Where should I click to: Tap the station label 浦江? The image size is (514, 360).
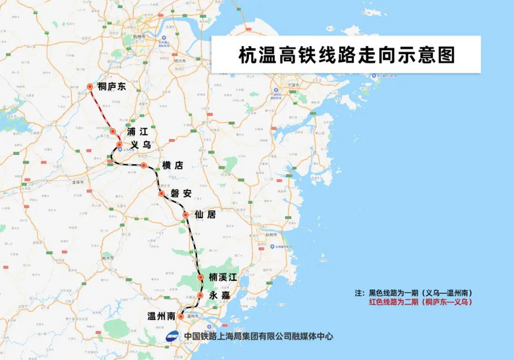(x=136, y=132)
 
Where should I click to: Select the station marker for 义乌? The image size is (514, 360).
(x=119, y=144)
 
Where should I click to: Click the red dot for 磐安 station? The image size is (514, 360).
(x=161, y=194)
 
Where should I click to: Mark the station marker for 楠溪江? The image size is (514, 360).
(x=201, y=278)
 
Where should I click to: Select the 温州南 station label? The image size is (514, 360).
(x=161, y=316)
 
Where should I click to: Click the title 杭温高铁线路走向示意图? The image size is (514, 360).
(x=347, y=55)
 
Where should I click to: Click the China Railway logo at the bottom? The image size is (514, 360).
(x=171, y=336)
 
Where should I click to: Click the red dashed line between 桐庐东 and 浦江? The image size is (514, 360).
(x=101, y=109)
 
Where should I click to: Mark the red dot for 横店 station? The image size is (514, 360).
(x=143, y=165)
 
